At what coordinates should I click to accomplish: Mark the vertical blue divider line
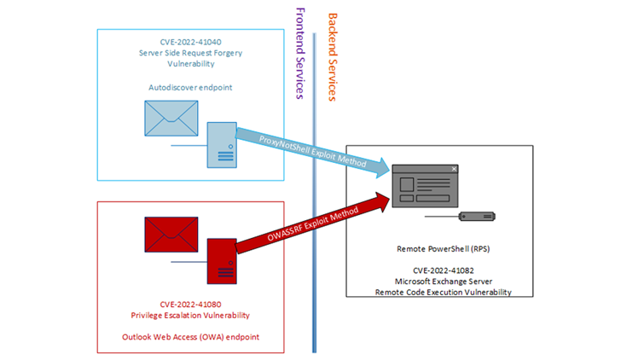[314, 256]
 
